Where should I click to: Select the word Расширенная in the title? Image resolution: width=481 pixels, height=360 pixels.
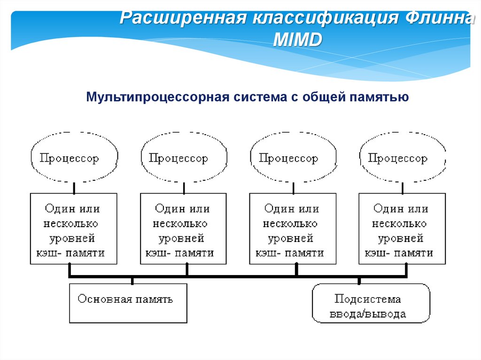[x=183, y=19]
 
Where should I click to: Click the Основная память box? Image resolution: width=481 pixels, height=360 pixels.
[x=128, y=303]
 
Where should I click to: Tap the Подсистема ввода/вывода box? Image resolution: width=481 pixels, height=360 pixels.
[x=371, y=303]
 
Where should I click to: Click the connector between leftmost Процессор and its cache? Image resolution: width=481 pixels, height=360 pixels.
[x=74, y=188]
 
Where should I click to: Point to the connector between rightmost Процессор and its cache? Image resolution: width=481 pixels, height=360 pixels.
[x=403, y=188]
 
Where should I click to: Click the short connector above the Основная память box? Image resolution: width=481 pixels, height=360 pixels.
[x=132, y=281]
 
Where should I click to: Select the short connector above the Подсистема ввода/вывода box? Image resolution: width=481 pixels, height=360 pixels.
[x=359, y=281]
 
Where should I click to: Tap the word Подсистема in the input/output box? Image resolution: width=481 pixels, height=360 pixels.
[x=368, y=299]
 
